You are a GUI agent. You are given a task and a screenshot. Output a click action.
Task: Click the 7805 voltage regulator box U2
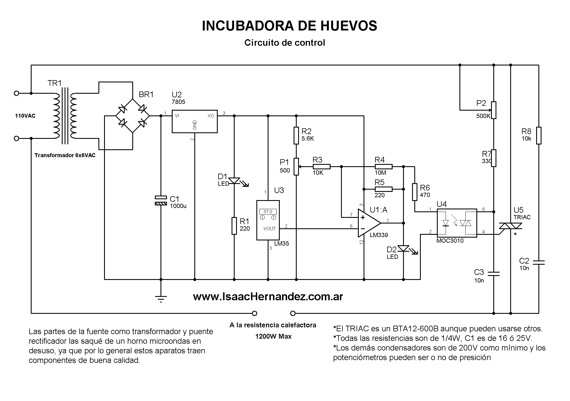pyautogui.click(x=195, y=121)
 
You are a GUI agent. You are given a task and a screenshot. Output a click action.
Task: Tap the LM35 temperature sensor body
pyautogui.click(x=268, y=220)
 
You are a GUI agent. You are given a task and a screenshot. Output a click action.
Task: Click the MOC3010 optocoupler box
pyautogui.click(x=457, y=223)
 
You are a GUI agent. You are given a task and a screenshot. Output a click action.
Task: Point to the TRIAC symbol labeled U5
pyautogui.click(x=510, y=226)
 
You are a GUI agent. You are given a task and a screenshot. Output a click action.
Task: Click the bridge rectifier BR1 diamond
pyautogui.click(x=133, y=116)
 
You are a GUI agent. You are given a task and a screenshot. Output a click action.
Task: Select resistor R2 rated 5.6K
pyautogui.click(x=296, y=135)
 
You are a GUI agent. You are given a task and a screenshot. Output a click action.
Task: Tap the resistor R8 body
pyautogui.click(x=539, y=135)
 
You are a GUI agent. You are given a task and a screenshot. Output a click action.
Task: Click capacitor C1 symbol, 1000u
pyautogui.click(x=161, y=200)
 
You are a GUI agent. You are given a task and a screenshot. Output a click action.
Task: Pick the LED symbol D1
pyautogui.click(x=234, y=181)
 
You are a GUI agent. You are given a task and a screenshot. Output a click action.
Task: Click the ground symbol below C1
pyautogui.click(x=161, y=299)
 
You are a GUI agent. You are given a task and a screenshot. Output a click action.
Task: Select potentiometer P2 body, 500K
pyautogui.click(x=494, y=110)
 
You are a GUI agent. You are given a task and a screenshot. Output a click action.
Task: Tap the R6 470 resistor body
pyautogui.click(x=415, y=192)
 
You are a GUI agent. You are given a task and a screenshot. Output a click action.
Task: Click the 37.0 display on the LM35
pyautogui.click(x=268, y=212)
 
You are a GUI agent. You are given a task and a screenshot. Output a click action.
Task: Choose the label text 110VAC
pyautogui.click(x=25, y=116)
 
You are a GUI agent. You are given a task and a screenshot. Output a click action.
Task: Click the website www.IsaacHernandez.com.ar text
pyautogui.click(x=268, y=297)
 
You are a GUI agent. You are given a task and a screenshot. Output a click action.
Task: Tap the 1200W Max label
pyautogui.click(x=273, y=336)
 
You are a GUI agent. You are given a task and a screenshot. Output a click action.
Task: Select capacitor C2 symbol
pyautogui.click(x=539, y=262)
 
